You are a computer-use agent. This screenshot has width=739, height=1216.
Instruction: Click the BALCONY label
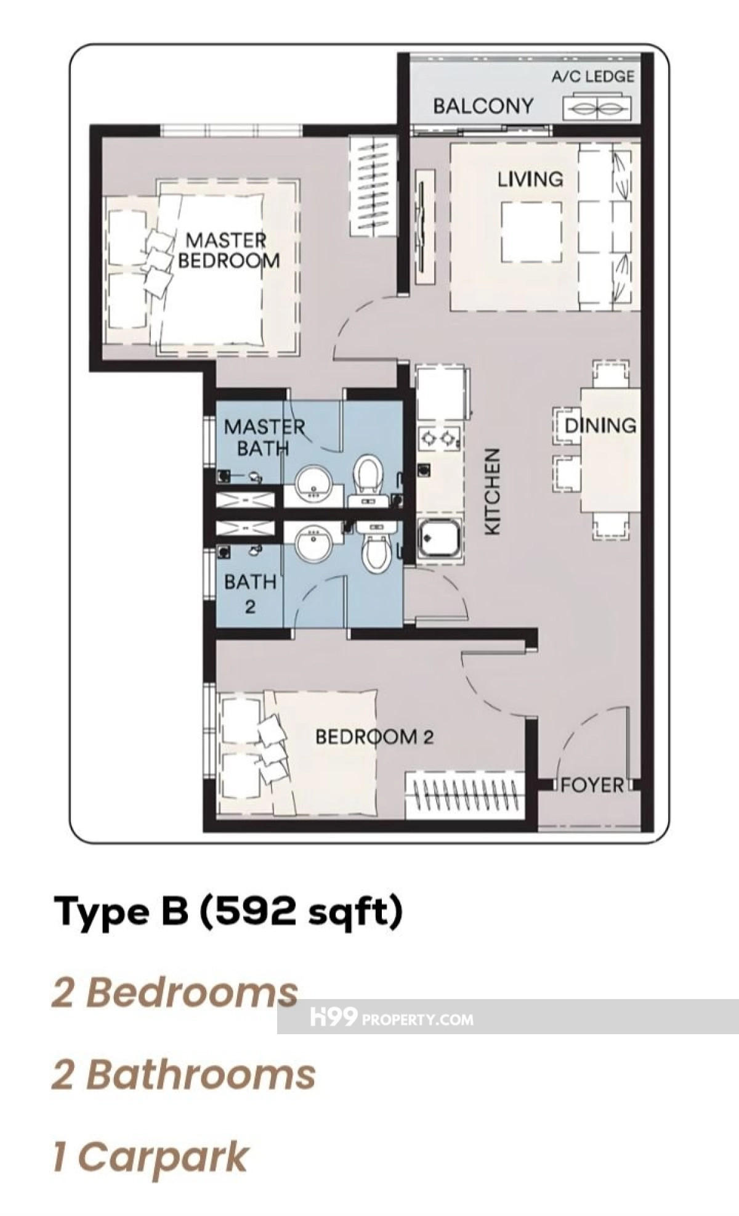click(x=483, y=106)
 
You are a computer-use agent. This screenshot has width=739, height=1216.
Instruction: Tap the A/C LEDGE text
click(x=592, y=76)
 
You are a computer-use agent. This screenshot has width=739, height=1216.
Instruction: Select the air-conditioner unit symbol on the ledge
click(x=597, y=107)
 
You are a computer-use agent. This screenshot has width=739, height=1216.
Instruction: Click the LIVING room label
click(x=530, y=179)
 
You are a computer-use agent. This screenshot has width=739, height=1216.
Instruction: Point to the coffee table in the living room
click(x=531, y=232)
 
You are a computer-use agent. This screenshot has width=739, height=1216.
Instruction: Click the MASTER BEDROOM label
click(x=228, y=250)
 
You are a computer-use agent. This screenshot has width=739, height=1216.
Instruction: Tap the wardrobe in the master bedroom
click(x=373, y=186)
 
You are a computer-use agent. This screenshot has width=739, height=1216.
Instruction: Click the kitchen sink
click(x=439, y=541)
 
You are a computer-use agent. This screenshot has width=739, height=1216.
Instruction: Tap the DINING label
click(x=600, y=425)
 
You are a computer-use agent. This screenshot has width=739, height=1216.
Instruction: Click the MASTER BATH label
click(x=264, y=437)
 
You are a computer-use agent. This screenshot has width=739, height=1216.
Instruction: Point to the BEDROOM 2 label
click(x=374, y=737)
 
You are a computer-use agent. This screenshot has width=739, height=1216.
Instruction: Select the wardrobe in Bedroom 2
click(x=466, y=796)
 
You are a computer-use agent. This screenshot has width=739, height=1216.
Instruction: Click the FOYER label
click(x=592, y=785)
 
